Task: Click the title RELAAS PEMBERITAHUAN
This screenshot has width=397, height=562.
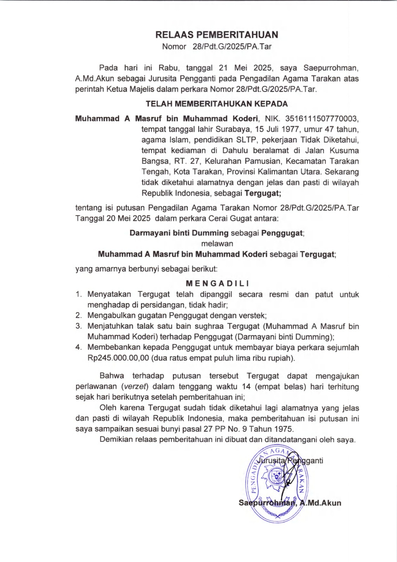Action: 217,35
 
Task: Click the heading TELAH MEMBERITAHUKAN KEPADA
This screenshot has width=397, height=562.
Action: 217,104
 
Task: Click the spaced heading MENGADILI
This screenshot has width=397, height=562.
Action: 217,283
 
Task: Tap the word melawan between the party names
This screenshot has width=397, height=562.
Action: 217,243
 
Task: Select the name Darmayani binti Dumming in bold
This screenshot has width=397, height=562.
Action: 179,233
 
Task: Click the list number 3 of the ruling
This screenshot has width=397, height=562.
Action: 78,326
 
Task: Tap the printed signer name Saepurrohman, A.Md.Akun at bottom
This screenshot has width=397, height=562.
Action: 290,503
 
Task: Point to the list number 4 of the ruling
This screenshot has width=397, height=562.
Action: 78,347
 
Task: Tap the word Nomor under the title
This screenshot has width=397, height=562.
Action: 174,47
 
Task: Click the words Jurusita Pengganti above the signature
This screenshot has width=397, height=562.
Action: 290,460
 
